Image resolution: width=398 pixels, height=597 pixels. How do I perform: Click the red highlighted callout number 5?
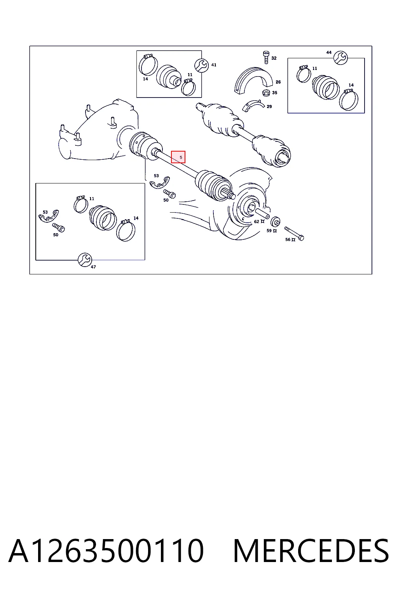[181, 157]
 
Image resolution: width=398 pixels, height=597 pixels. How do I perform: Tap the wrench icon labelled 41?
[202, 65]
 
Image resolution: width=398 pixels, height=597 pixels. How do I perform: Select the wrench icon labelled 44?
[340, 58]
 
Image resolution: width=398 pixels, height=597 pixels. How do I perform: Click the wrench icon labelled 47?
[85, 260]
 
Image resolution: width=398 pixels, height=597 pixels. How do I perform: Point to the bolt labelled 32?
[266, 57]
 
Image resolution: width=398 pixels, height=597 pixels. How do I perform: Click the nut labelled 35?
[266, 93]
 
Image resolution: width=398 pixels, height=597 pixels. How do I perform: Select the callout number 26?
[278, 82]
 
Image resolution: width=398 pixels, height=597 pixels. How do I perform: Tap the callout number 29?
[269, 106]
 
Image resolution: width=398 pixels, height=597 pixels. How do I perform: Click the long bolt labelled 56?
[294, 234]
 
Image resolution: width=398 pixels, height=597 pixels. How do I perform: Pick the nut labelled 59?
[276, 221]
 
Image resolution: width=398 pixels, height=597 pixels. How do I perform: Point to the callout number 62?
[257, 222]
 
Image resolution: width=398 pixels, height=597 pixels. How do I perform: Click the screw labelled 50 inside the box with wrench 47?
[58, 228]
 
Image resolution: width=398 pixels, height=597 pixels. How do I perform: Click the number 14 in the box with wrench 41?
[145, 79]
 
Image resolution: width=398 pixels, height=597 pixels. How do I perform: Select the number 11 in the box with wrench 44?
[314, 68]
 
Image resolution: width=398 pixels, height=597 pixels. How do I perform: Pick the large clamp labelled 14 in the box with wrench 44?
[348, 99]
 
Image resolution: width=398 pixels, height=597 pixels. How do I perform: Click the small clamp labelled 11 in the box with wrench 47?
[80, 204]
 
